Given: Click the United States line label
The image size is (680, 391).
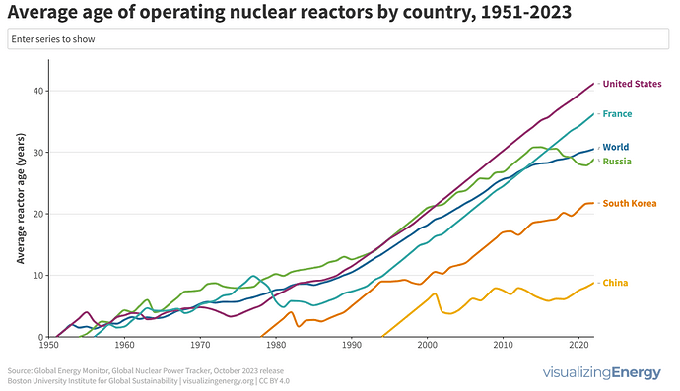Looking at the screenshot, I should click(631, 84).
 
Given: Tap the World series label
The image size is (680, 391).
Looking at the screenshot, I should click(615, 147).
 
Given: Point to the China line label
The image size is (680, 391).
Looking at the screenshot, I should click(615, 283).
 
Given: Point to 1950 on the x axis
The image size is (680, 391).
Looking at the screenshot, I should click(48, 346).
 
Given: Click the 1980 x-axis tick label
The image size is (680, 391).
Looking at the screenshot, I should click(275, 346).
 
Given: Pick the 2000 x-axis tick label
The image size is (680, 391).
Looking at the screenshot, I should click(427, 346).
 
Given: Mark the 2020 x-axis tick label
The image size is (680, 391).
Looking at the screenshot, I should click(578, 346).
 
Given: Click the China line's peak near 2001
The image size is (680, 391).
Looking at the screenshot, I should click(435, 293).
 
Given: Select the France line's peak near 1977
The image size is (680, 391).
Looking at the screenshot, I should click(253, 277).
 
